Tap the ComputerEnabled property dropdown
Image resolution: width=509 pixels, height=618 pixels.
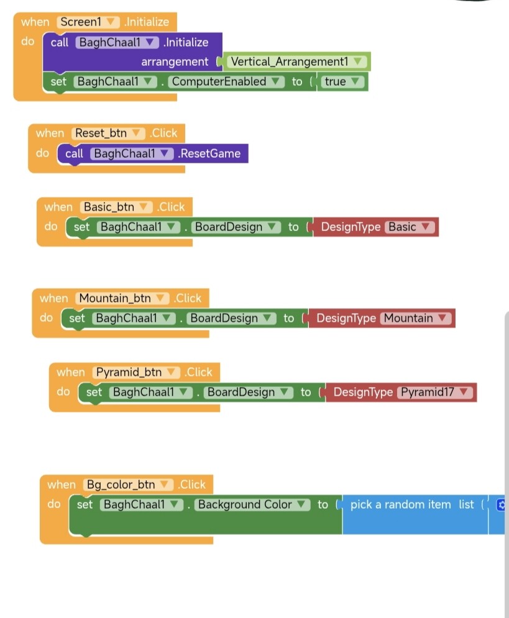pos(226,81)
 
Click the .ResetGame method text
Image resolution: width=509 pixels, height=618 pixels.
pos(209,153)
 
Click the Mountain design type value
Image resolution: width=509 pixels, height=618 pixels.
pos(415,318)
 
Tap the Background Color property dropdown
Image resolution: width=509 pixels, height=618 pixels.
pos(252,504)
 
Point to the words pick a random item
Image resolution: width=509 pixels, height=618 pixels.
pos(400,504)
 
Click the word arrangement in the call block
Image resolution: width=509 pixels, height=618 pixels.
pos(175,61)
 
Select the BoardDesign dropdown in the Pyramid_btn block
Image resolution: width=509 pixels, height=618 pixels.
pos(249,392)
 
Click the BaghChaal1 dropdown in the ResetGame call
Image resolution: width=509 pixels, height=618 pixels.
pos(131,153)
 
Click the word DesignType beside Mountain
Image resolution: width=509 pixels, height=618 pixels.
pos(346,318)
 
